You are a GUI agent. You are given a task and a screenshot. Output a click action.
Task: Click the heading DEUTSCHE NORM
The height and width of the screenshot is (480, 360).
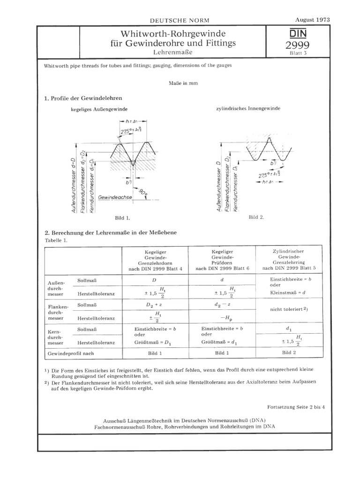[179, 21]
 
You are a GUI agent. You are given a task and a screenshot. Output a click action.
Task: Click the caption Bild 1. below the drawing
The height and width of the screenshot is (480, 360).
[122, 218]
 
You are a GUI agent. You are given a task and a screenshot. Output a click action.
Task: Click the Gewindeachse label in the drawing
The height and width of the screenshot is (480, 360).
[115, 198]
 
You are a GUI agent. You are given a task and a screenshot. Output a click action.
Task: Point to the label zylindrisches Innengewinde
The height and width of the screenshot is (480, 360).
[248, 108]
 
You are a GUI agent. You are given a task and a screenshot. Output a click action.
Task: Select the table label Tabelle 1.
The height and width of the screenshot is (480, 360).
[56, 240]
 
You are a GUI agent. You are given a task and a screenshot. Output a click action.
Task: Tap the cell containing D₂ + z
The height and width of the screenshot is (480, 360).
[155, 305]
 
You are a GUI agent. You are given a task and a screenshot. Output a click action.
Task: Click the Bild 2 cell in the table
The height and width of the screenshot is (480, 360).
[287, 352]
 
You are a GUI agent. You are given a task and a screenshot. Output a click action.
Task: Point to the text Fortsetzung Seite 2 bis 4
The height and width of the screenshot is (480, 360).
[296, 407]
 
